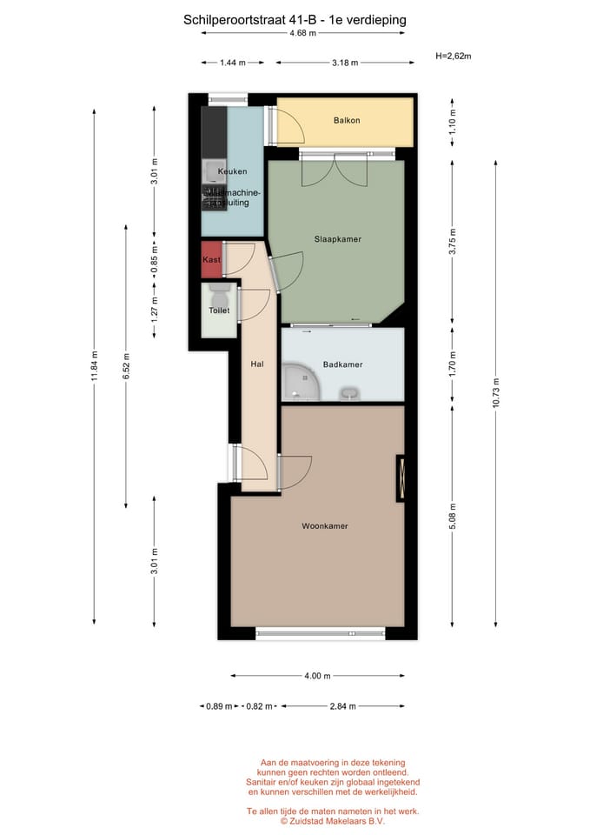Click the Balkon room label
point(346,121)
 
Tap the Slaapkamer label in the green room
point(337,238)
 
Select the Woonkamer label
point(325,526)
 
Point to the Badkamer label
point(342,364)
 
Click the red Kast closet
point(211,260)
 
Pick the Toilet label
point(219,311)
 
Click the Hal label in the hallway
point(257,364)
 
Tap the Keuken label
point(232,171)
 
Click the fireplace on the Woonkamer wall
point(401,478)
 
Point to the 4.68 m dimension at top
point(302,33)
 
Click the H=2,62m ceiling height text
point(453,57)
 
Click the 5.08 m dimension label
point(452,514)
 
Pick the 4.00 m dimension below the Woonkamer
point(316,676)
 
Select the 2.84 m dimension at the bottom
point(341,706)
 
